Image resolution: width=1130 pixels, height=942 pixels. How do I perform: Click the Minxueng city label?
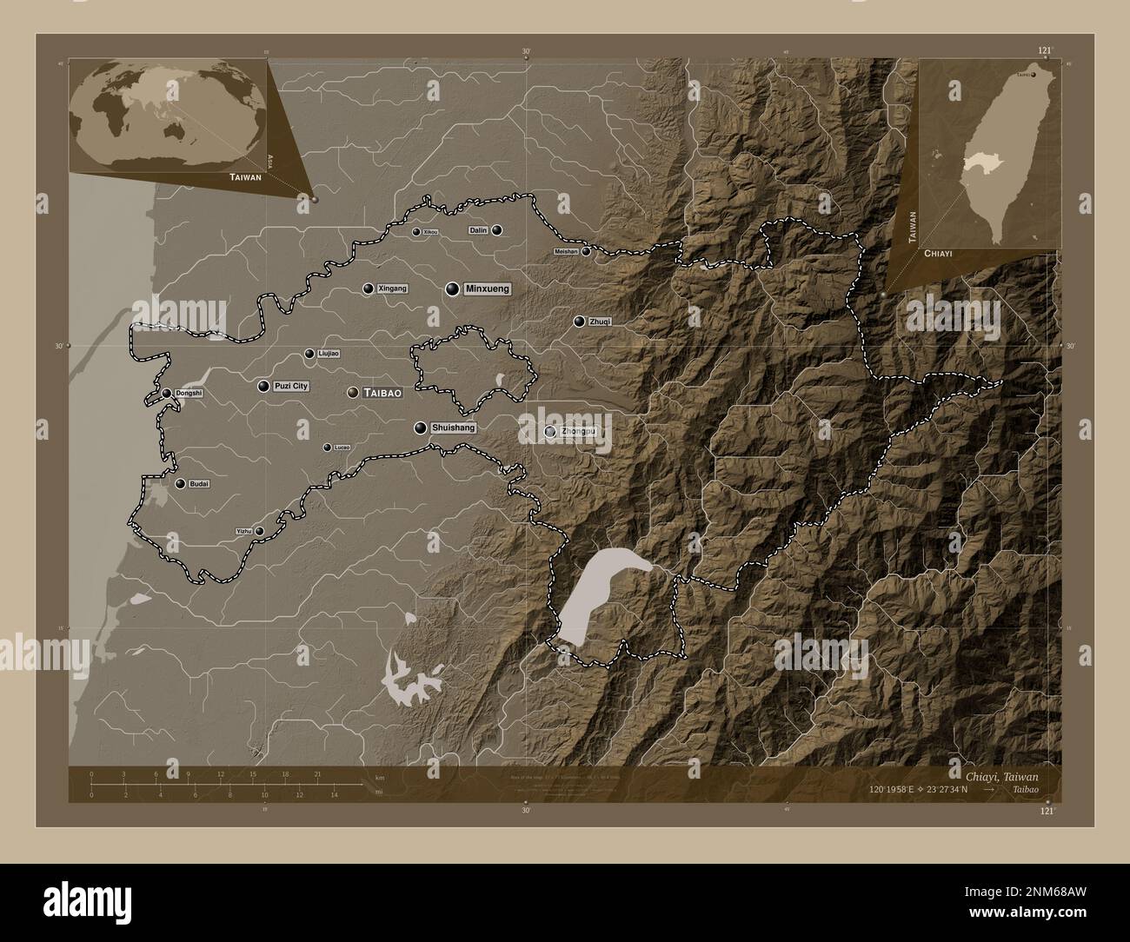[x=487, y=289]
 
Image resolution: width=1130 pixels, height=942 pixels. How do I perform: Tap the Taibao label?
[x=383, y=394]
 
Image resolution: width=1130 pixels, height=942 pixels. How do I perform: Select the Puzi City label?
[x=291, y=386]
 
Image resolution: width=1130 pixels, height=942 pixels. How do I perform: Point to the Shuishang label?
[x=453, y=428]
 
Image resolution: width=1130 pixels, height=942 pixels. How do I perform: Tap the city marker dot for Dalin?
[x=496, y=230]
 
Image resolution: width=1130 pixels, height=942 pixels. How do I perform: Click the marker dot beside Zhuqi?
[x=579, y=322]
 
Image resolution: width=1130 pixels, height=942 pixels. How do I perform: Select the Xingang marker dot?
[x=369, y=289]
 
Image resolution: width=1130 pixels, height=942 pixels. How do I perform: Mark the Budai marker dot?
[x=180, y=484]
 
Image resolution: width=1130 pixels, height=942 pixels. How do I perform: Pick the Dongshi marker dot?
[x=167, y=394]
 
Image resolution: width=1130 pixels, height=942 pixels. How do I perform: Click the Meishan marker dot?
[x=587, y=252]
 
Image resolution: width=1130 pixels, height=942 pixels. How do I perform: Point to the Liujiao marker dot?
[x=309, y=354]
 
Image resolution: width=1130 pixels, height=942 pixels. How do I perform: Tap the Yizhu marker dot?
[x=259, y=531]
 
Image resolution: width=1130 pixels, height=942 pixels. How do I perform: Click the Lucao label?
[x=342, y=448]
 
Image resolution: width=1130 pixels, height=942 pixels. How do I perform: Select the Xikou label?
[x=430, y=232]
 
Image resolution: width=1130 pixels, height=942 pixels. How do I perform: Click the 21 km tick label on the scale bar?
[x=318, y=773]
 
